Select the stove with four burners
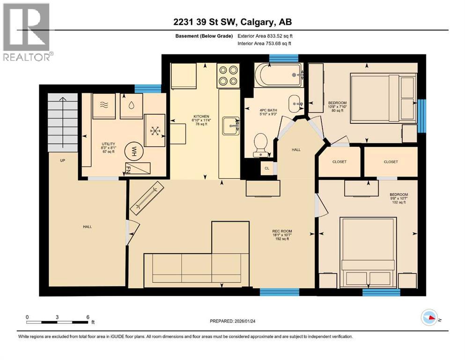pyautogui.click(x=228, y=75)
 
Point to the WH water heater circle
pyautogui.click(x=133, y=151)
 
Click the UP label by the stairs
pyautogui.click(x=62, y=160)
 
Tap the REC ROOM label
pyautogui.click(x=282, y=231)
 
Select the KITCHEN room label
pyautogui.click(x=201, y=116)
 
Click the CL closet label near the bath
pyautogui.click(x=267, y=168)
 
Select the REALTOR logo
pyautogui.click(x=27, y=32)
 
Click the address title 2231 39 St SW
pyautogui.click(x=233, y=22)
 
